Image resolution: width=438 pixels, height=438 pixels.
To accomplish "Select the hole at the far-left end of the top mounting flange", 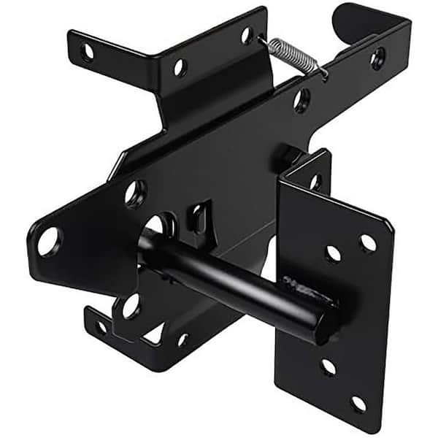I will pyautogui.click(x=87, y=52).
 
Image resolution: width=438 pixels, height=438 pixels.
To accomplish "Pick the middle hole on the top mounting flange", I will pyautogui.click(x=179, y=68).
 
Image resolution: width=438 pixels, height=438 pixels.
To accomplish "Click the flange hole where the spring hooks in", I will pyautogui.click(x=247, y=34).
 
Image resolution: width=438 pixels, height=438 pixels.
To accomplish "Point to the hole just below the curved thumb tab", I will pyautogui.click(x=378, y=58).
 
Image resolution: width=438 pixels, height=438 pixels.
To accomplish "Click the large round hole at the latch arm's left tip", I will pyautogui.click(x=49, y=242).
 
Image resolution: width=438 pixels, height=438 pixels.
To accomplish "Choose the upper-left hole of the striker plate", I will pyautogui.click(x=333, y=253).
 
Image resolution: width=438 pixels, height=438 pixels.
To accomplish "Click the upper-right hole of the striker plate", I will pyautogui.click(x=368, y=242).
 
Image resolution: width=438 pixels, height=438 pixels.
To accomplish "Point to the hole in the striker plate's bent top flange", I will pyautogui.click(x=315, y=181).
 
